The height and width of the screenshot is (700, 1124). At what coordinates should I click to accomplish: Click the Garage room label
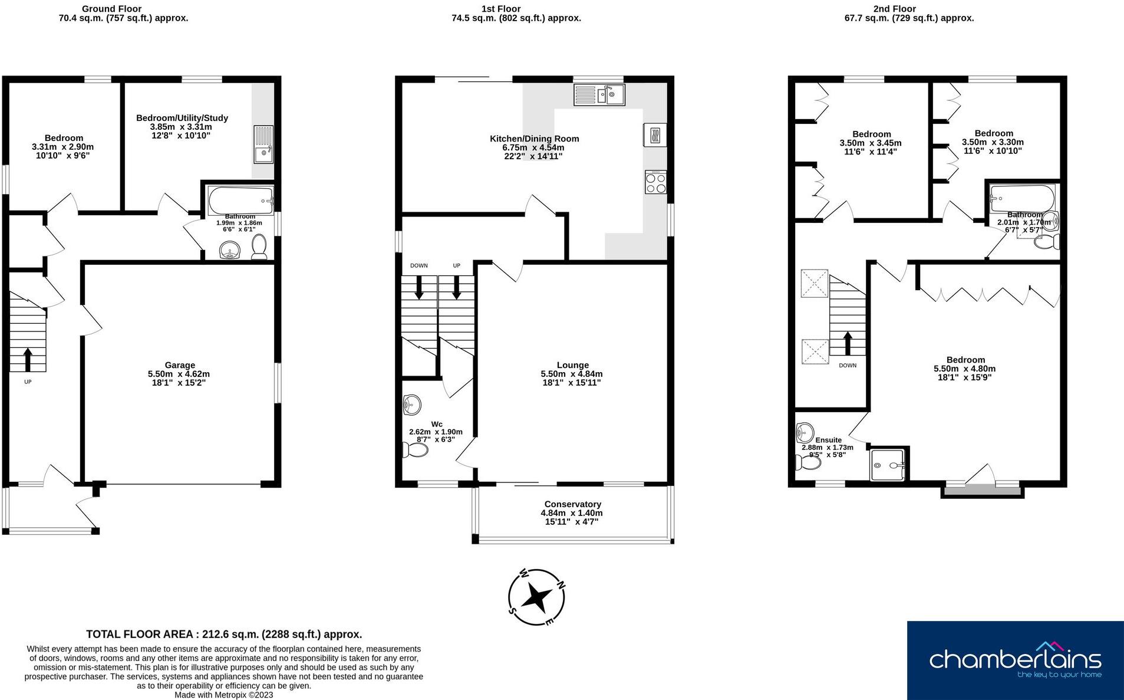coord(179,365)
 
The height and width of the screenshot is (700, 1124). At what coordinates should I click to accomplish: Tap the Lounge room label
coord(572,365)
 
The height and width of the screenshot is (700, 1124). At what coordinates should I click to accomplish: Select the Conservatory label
coord(572,504)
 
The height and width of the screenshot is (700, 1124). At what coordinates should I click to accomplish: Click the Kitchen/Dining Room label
coord(534,139)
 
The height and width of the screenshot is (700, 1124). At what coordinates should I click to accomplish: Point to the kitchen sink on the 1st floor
coord(599,94)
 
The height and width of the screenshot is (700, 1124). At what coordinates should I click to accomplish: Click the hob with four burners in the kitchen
coord(655,182)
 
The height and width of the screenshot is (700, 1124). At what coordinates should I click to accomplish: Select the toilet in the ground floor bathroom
coord(259,247)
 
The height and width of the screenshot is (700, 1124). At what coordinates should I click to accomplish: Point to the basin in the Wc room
coord(412,405)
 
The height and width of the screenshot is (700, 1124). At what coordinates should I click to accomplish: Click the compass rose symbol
coord(536,597)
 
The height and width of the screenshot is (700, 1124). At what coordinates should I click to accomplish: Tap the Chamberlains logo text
coord(1015,659)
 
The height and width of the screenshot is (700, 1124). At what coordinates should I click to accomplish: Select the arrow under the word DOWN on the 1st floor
coord(419,287)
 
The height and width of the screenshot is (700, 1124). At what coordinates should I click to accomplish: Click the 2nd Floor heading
coord(894,9)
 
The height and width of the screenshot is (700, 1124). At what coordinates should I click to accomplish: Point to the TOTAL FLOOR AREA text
coord(224,634)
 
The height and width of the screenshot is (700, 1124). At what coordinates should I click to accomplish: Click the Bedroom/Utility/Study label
coord(182,118)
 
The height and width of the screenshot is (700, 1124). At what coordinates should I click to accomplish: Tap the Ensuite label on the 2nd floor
coord(828,440)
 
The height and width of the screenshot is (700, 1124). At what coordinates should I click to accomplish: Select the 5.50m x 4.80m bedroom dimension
coord(964,369)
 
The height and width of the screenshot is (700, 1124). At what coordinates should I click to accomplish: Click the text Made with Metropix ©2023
coord(224,695)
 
